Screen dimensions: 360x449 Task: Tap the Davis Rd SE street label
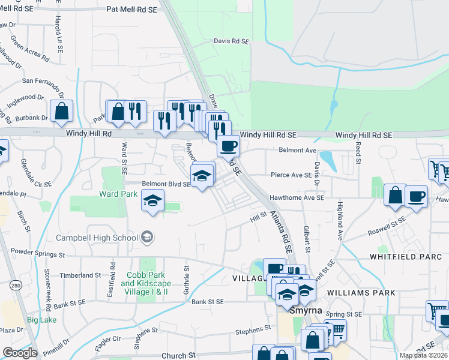(x=231, y=41)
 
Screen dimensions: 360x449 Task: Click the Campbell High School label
(x=97, y=238)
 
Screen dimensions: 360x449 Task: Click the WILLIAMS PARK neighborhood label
(x=363, y=293)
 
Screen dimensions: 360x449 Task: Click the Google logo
(x=20, y=353)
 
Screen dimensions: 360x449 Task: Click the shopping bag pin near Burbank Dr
(x=62, y=110)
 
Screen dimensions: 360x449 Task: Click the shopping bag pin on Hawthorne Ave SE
(x=395, y=195)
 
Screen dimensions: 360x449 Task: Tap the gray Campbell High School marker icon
(x=146, y=238)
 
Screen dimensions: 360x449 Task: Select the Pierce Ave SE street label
(x=291, y=175)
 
